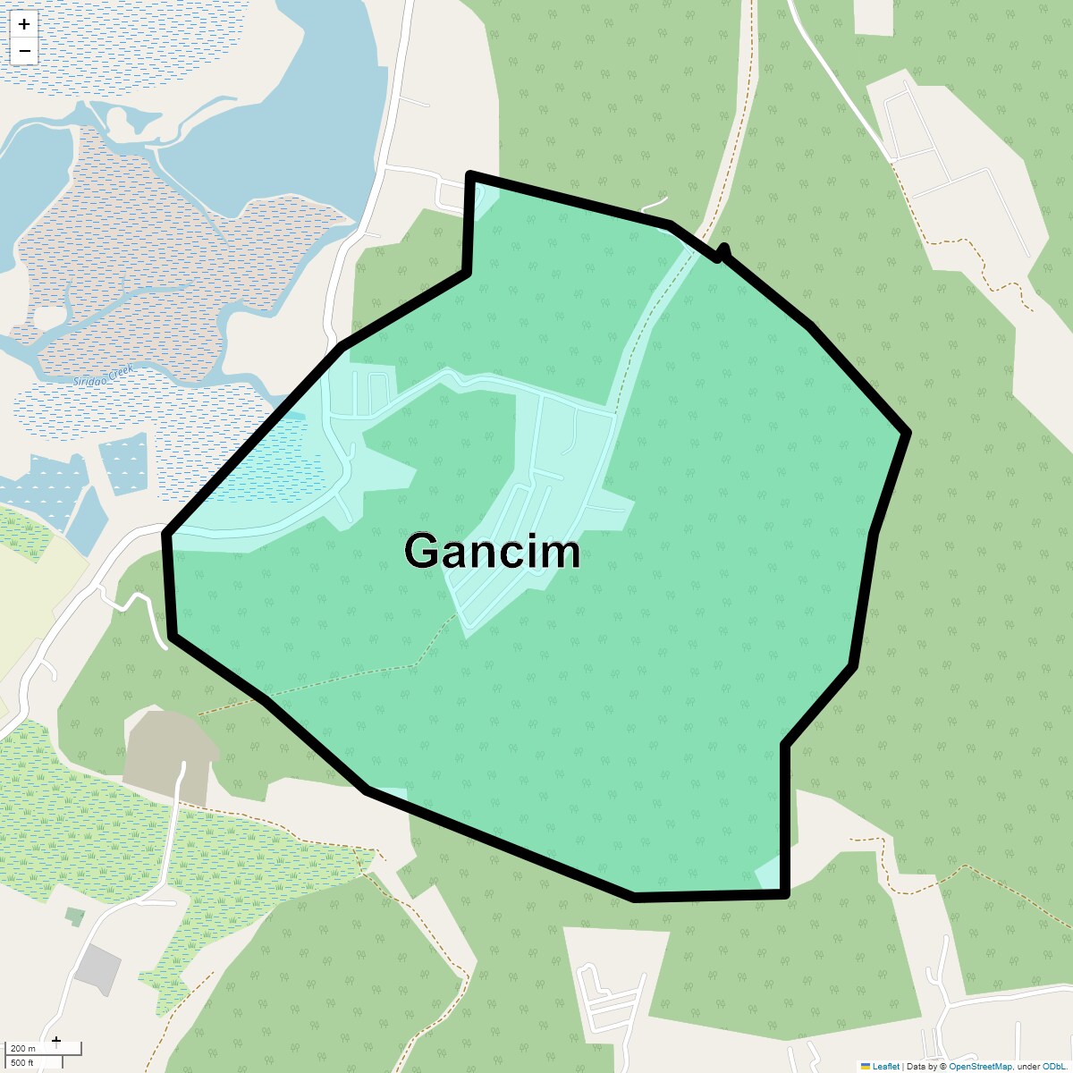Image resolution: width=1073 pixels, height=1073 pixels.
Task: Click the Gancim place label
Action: [493, 552]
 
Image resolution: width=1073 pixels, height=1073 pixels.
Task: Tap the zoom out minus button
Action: [24, 51]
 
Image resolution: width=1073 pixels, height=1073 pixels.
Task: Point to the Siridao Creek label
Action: [103, 375]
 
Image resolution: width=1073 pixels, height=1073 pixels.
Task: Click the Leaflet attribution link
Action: [885, 1066]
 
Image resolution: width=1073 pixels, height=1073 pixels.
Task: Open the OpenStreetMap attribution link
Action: [980, 1066]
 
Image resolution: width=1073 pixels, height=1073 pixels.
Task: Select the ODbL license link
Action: [1053, 1066]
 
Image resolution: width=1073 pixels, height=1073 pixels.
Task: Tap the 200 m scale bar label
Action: [23, 1049]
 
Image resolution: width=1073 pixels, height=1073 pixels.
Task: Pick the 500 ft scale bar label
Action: [23, 1062]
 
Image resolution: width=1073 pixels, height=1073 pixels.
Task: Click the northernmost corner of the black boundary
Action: [470, 175]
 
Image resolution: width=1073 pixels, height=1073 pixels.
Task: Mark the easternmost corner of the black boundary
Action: [908, 433]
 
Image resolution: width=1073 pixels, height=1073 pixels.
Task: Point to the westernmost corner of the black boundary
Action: [165, 535]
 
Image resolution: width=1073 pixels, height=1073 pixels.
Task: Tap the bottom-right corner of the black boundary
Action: [785, 893]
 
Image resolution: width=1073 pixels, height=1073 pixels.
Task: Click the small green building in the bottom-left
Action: [76, 917]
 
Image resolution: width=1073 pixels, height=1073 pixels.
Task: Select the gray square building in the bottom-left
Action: [97, 968]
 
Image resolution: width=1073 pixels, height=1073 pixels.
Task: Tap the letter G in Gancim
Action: [422, 552]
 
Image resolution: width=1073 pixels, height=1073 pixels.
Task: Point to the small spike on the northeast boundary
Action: [724, 249]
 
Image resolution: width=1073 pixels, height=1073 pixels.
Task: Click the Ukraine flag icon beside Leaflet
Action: [865, 1066]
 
